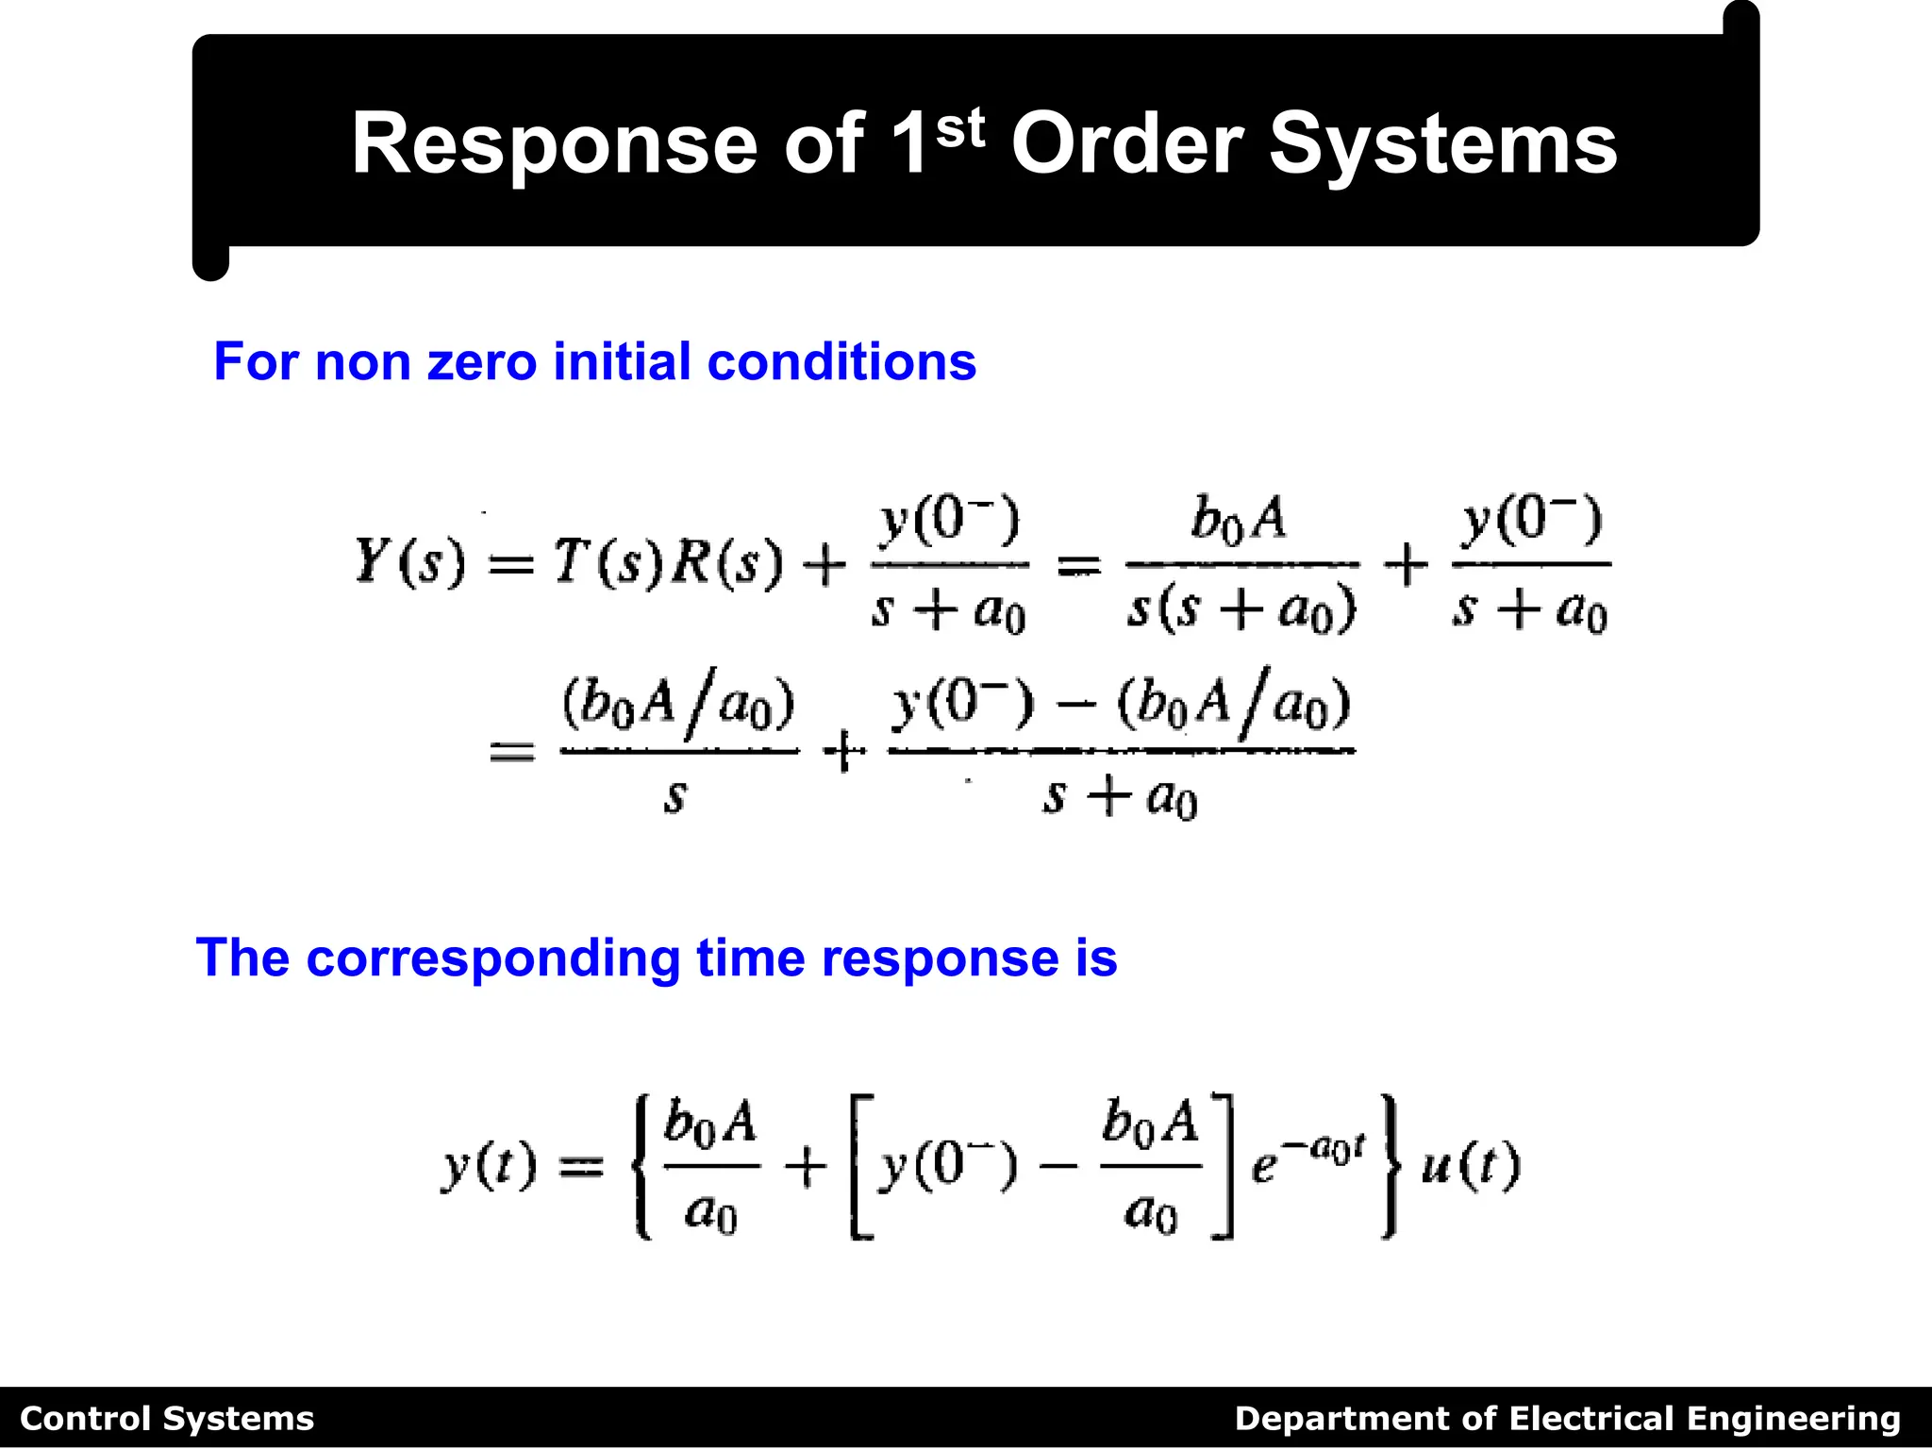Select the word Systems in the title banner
1442,143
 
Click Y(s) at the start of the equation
409,562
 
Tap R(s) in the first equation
726,562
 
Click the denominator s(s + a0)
1241,609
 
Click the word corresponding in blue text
491,958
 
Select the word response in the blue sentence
940,958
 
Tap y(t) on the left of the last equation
489,1167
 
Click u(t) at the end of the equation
1471,1167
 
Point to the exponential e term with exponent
1306,1160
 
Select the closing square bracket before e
1223,1167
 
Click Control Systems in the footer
167,1419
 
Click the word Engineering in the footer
1793,1419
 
